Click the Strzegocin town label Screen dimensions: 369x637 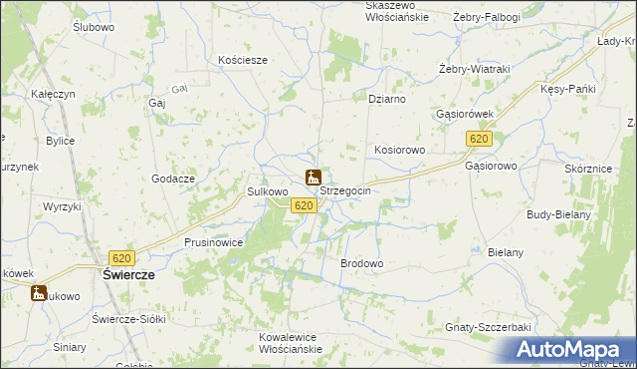pyautogui.click(x=345, y=191)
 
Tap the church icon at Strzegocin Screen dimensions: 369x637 pyautogui.click(x=314, y=180)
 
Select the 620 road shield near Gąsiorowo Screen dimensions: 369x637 pyautogui.click(x=480, y=140)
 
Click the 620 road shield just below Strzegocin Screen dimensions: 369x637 pyautogui.click(x=305, y=205)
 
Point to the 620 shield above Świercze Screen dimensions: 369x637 pyautogui.click(x=123, y=257)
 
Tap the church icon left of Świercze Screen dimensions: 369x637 pyautogui.click(x=39, y=293)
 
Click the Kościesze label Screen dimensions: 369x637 pyautogui.click(x=243, y=60)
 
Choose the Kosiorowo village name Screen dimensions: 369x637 pyautogui.click(x=400, y=150)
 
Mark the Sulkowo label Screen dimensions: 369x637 pyautogui.click(x=267, y=191)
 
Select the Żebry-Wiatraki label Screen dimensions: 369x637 pyautogui.click(x=475, y=68)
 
